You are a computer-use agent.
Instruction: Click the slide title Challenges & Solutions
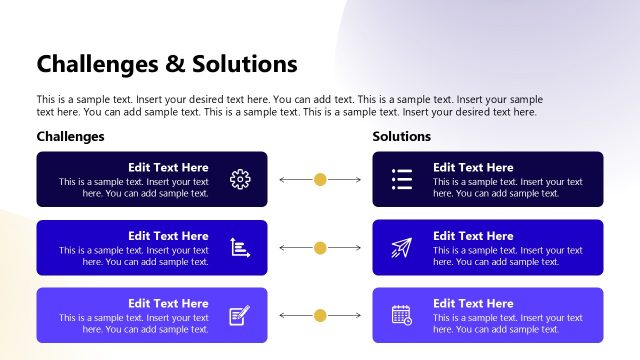click(x=167, y=65)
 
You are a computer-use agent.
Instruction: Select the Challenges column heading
click(x=70, y=136)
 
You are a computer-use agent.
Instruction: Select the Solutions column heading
click(x=402, y=136)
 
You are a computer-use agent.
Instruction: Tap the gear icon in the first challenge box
click(x=240, y=180)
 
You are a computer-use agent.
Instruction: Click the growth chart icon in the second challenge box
click(x=240, y=248)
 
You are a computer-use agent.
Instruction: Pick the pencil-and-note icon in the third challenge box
click(x=240, y=315)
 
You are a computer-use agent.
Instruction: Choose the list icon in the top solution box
click(x=402, y=180)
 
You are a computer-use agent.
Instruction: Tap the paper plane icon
click(x=402, y=248)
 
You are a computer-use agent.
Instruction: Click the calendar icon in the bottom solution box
click(x=402, y=315)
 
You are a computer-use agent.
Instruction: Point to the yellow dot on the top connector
click(x=320, y=180)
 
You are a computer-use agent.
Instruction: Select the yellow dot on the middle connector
click(x=320, y=248)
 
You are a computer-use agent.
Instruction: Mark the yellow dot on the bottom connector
click(x=320, y=315)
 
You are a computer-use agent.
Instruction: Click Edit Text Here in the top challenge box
click(x=168, y=168)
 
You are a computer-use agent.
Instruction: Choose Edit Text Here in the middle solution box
click(x=473, y=236)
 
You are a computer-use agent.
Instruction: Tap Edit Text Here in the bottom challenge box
click(x=168, y=304)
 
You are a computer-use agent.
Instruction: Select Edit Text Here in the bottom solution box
click(x=473, y=304)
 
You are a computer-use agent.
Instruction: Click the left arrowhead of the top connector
click(x=282, y=180)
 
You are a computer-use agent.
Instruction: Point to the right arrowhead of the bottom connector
click(x=358, y=315)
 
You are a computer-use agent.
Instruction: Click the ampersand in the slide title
click(x=176, y=65)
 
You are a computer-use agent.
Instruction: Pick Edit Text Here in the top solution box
click(x=473, y=168)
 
